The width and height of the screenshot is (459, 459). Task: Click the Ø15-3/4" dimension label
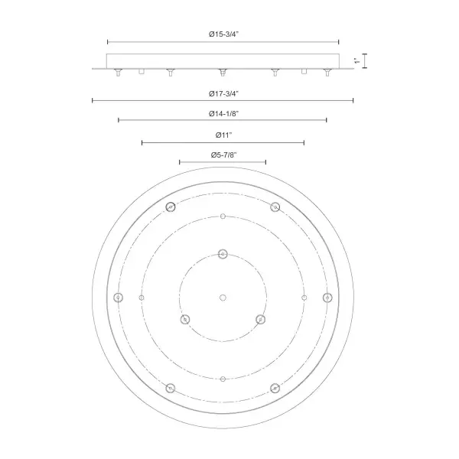223,34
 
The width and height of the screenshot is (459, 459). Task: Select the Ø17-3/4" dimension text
223,93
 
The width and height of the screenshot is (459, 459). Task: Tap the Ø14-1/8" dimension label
223,113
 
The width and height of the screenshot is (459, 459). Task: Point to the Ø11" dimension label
223,135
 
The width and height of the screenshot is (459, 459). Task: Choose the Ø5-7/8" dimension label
223,155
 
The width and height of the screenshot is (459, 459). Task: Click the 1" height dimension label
356,61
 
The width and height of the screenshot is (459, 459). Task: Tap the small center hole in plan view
223,298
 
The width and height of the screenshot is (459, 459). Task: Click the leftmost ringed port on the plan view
119,298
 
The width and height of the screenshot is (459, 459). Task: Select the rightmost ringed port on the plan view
327,298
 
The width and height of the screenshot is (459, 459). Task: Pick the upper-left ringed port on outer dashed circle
171,207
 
